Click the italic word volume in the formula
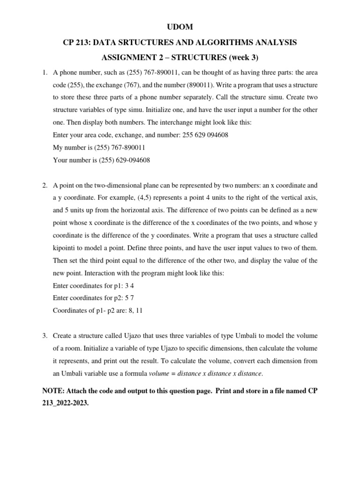coord(158,374)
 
